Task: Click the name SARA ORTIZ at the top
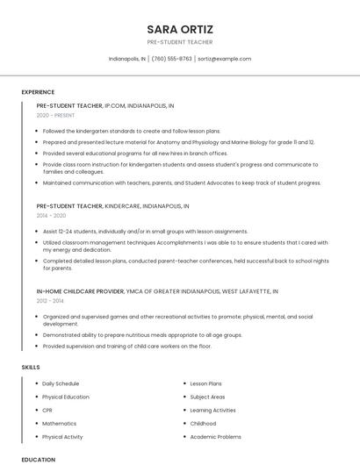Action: (x=180, y=29)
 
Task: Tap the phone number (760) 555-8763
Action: (x=171, y=59)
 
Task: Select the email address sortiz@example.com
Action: (x=224, y=59)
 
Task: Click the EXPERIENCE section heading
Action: (x=38, y=92)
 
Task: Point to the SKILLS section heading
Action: (x=31, y=367)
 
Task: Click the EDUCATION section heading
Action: (x=38, y=459)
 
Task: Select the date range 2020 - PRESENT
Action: (x=54, y=115)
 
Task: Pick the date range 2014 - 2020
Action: (x=51, y=215)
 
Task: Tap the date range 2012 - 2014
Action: (x=50, y=300)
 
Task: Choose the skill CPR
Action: (x=47, y=410)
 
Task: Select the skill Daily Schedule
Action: (x=61, y=383)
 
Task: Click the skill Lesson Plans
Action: (x=205, y=383)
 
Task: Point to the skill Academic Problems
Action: (x=215, y=437)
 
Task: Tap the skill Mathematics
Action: (x=59, y=424)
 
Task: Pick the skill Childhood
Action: (x=203, y=424)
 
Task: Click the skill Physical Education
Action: (x=65, y=397)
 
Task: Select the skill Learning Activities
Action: (x=212, y=410)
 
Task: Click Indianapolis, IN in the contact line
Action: (x=127, y=59)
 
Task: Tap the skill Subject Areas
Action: (x=207, y=397)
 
